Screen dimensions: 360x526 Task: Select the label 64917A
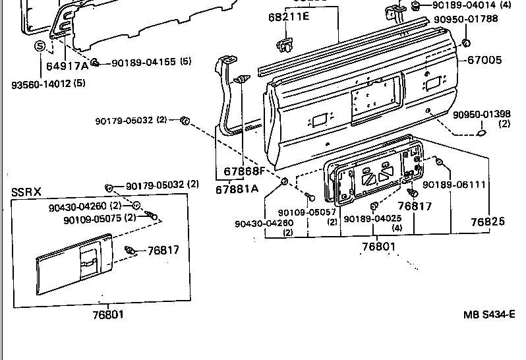[x=67, y=66]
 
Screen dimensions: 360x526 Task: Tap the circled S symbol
[x=40, y=46]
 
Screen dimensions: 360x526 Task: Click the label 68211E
[x=289, y=16]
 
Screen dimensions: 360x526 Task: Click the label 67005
[x=484, y=60]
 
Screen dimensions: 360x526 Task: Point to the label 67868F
[x=243, y=171]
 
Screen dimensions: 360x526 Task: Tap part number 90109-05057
[x=307, y=212]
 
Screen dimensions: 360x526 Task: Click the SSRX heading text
[x=26, y=193]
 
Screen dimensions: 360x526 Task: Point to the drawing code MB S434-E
[x=488, y=315]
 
